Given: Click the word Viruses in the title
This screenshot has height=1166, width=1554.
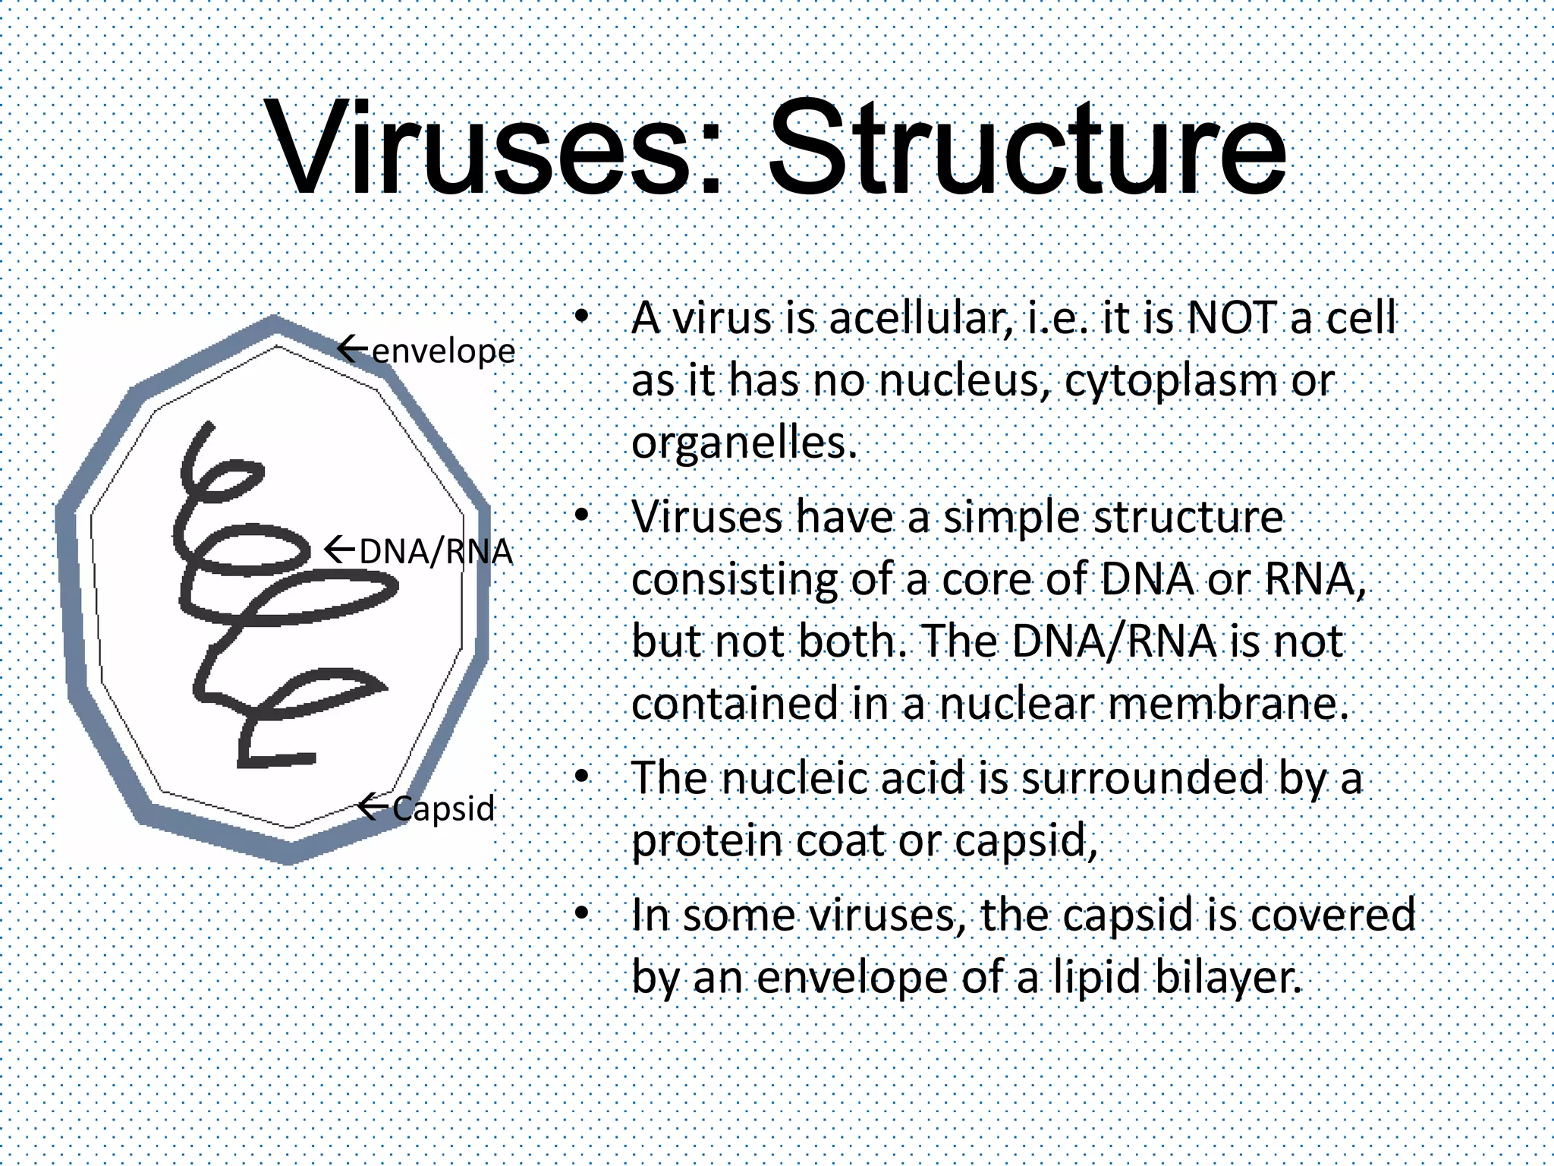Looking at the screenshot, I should (x=486, y=148).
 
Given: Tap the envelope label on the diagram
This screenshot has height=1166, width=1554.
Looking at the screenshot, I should (x=444, y=351).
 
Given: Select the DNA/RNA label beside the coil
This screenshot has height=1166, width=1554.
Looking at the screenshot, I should (x=436, y=552).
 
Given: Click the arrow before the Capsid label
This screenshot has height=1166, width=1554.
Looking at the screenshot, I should (x=373, y=805).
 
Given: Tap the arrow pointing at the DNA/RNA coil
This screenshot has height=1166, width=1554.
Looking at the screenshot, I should (x=340, y=549).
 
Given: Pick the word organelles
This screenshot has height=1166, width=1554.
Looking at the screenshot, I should (x=744, y=443).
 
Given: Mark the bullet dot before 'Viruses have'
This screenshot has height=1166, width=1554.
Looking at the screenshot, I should (x=581, y=517).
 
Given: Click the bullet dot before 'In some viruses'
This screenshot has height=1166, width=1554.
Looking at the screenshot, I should (x=581, y=915).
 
